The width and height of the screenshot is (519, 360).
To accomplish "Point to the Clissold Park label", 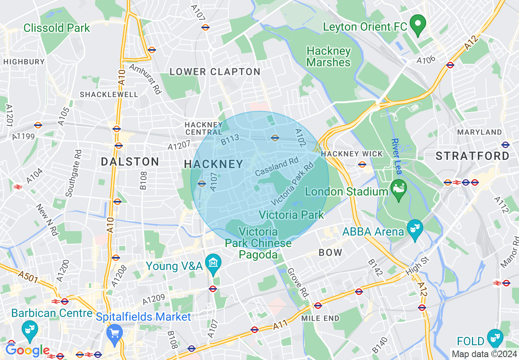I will (x=56, y=28).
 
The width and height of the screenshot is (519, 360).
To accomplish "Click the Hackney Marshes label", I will (x=328, y=57).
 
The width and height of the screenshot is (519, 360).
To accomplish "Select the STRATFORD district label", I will (x=472, y=156).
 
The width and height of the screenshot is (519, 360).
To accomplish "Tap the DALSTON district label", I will (x=130, y=162).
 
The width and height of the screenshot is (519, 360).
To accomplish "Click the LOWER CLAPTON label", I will (x=215, y=72).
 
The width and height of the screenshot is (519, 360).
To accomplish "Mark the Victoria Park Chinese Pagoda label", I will (x=259, y=243).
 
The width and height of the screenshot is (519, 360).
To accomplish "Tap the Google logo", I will (x=27, y=350).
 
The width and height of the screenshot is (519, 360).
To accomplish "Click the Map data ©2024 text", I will (x=484, y=354).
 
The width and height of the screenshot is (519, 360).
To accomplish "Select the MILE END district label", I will (x=320, y=318).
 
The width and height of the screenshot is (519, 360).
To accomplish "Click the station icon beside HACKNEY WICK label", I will (x=362, y=164).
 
